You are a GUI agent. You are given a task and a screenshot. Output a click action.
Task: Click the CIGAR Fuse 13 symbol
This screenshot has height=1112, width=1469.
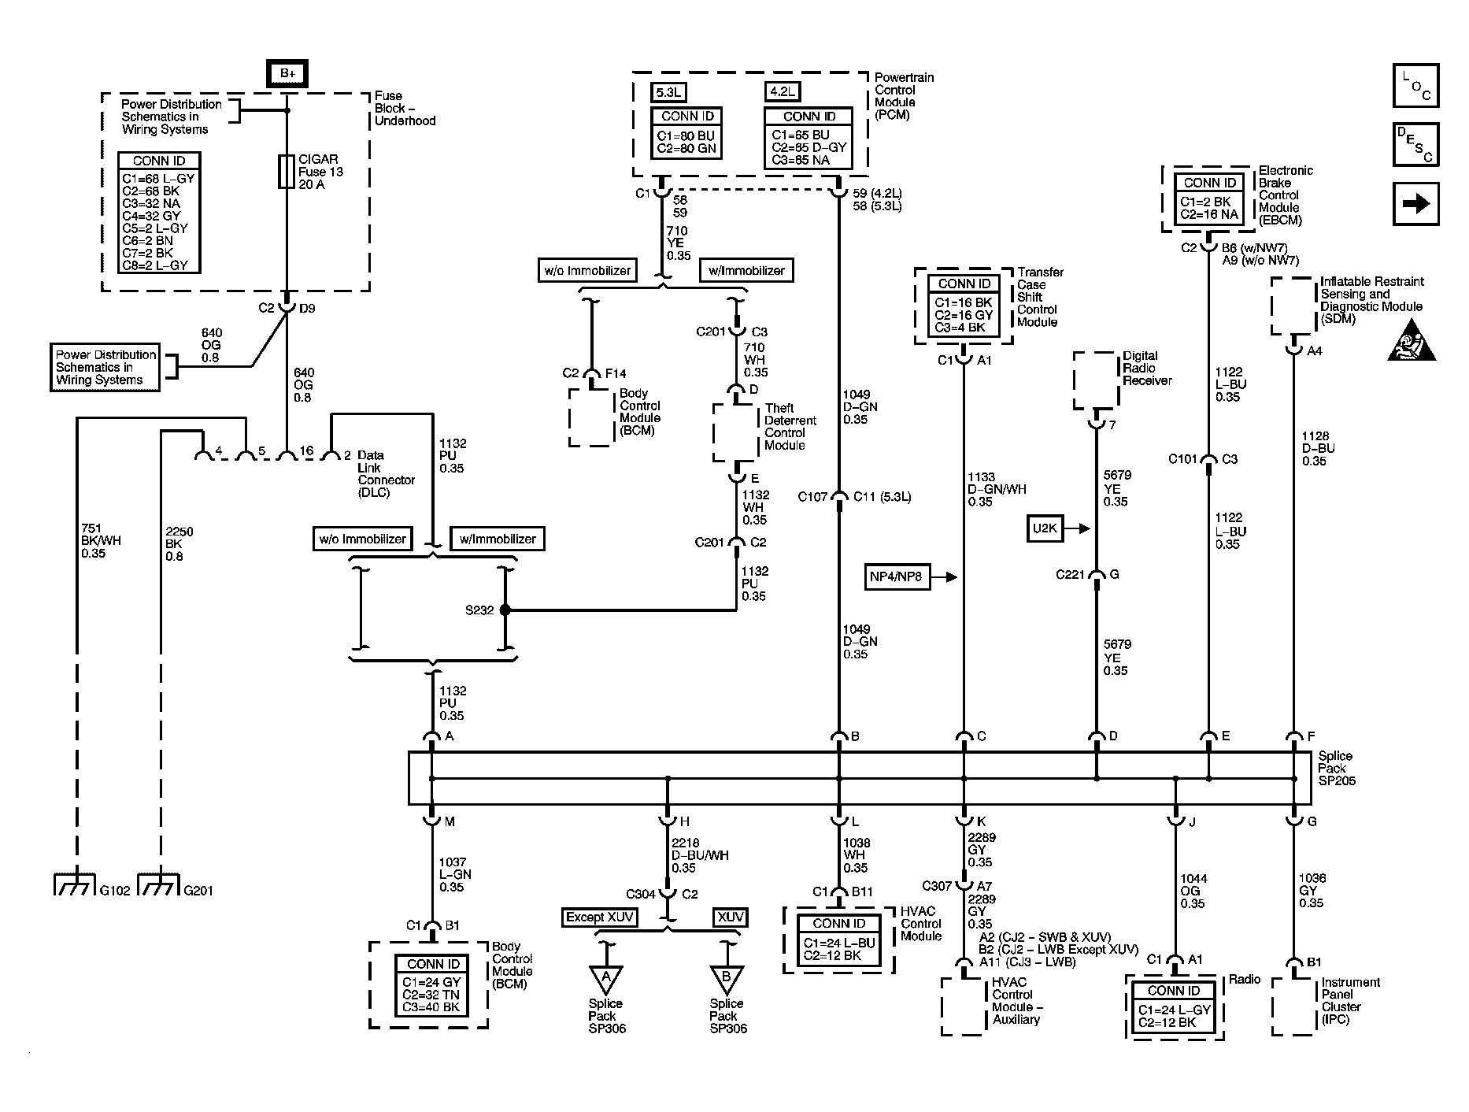[x=287, y=171]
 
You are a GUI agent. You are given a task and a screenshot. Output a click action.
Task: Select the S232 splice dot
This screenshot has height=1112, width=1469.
[x=505, y=610]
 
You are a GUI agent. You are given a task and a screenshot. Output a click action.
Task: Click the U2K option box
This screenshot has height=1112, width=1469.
[x=1045, y=528]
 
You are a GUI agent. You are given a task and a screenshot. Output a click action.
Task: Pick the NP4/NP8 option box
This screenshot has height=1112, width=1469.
[x=896, y=577]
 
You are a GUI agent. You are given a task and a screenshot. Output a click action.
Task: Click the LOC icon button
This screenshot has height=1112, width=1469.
[x=1415, y=85]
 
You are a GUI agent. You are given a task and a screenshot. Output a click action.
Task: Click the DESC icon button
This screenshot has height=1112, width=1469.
[x=1415, y=144]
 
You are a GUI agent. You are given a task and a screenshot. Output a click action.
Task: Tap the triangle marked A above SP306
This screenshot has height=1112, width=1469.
[x=605, y=979]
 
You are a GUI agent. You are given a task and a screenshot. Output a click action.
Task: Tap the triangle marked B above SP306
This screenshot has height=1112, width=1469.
[x=726, y=979]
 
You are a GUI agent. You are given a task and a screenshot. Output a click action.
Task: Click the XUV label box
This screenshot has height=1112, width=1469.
[x=730, y=917]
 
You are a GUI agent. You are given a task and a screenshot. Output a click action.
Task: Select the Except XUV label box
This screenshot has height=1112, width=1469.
[x=600, y=917]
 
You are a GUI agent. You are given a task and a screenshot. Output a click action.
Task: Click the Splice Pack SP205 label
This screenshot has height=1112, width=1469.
[x=1336, y=768]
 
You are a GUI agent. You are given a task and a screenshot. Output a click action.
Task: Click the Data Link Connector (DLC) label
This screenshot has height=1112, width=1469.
[x=386, y=473]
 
